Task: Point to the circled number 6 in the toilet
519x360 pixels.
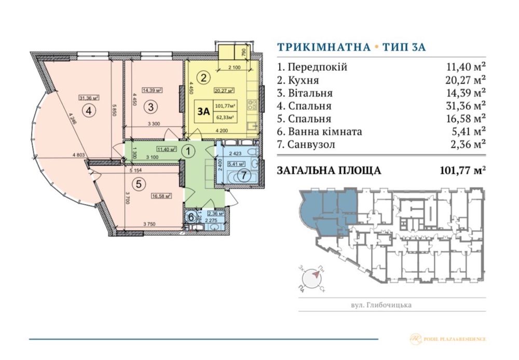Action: (192, 217)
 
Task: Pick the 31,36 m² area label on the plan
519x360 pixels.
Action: (89, 97)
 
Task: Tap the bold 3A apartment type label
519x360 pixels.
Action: (204, 111)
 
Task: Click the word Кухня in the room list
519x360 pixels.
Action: (303, 80)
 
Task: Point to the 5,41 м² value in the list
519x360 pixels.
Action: (466, 131)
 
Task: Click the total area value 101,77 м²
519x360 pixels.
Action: (462, 170)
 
